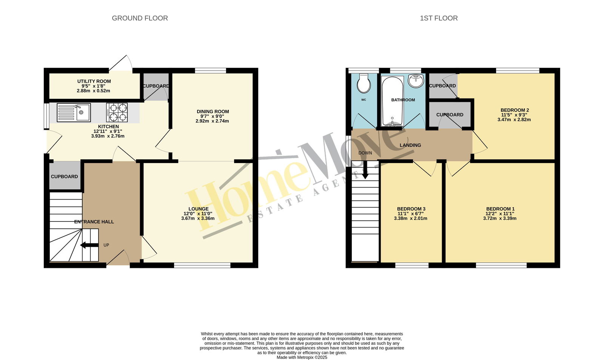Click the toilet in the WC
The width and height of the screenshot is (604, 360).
(364, 83)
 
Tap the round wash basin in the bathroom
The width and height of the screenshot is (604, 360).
(416, 81)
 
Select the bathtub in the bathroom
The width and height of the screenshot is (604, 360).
(392, 101)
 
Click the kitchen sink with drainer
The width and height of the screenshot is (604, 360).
(74, 112)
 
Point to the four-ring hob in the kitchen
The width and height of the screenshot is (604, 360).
(117, 112)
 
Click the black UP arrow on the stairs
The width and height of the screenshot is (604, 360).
(89, 245)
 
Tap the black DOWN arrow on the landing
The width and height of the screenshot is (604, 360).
(365, 170)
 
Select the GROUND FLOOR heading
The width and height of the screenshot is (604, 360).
(140, 18)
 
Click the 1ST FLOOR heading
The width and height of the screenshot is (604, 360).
(439, 18)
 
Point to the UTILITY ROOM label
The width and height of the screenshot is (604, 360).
(94, 81)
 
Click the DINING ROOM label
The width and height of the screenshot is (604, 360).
(213, 111)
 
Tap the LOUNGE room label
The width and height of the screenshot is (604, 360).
(199, 209)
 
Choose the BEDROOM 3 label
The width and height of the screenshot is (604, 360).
(411, 209)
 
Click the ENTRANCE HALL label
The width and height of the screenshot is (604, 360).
(94, 222)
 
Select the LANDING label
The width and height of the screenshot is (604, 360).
(410, 145)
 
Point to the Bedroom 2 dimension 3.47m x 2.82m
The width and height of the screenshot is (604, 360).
(514, 119)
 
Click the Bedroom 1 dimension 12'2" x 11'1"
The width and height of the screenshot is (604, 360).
(500, 214)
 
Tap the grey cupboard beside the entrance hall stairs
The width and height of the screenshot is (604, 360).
(65, 175)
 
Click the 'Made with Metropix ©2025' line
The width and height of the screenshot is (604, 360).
(302, 357)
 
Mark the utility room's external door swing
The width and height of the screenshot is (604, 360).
(120, 64)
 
